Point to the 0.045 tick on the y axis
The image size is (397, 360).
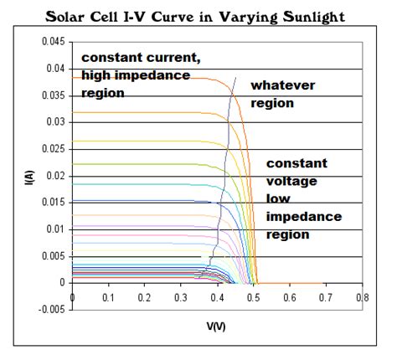pyautogui.click(x=54, y=42)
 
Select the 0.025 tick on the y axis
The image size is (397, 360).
pyautogui.click(x=54, y=149)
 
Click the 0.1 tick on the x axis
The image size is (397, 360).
pyautogui.click(x=109, y=296)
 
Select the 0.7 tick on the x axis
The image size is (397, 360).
pyautogui.click(x=326, y=296)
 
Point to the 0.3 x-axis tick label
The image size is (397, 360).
pyautogui.click(x=181, y=296)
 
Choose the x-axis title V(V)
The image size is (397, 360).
pyautogui.click(x=215, y=324)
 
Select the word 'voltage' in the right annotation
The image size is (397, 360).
pyautogui.click(x=289, y=181)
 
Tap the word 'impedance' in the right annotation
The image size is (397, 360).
pyautogui.click(x=303, y=217)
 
